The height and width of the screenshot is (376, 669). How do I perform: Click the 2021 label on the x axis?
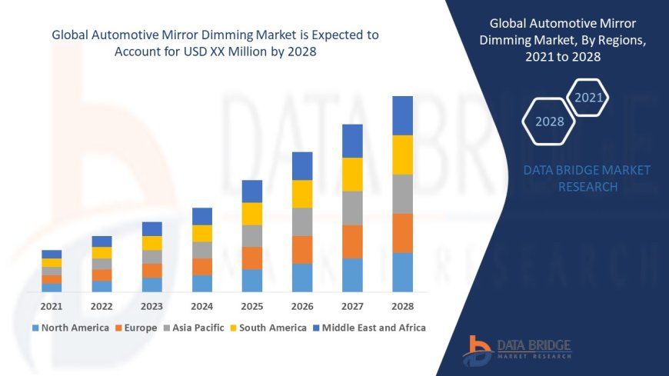(52, 306)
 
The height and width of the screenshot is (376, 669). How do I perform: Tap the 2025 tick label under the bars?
(251, 306)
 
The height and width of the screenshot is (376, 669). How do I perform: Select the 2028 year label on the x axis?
(402, 306)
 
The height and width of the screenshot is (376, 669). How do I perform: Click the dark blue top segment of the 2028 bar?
(402, 115)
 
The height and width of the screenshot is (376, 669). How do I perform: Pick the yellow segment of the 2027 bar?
(352, 174)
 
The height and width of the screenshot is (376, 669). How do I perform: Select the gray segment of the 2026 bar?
(302, 221)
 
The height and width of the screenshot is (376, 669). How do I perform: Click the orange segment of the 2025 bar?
(252, 258)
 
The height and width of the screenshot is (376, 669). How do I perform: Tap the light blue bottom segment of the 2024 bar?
(202, 283)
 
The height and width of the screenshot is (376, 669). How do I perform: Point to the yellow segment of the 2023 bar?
(152, 243)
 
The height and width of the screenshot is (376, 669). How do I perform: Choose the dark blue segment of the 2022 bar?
(102, 241)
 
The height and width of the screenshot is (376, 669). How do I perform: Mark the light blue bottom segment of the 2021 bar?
(52, 288)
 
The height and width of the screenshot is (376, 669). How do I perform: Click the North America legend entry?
(71, 328)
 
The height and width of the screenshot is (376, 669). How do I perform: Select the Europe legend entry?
(136, 328)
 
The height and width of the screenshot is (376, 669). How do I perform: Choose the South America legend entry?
(268, 328)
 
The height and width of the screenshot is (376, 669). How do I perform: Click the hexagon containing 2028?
(549, 121)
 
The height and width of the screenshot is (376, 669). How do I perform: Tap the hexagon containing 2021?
(589, 98)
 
